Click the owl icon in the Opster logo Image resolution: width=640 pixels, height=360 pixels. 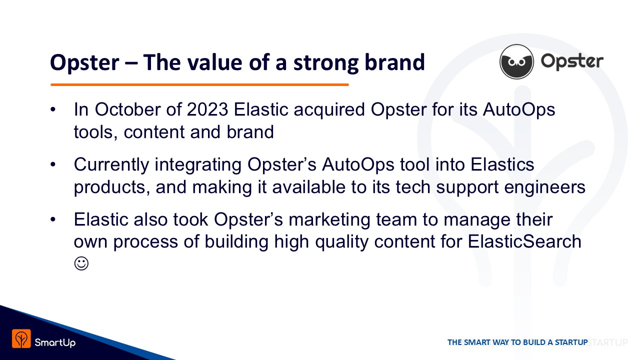pyautogui.click(x=516, y=61)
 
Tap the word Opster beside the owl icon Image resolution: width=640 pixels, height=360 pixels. pyautogui.click(x=572, y=61)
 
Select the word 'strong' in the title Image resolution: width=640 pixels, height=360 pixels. pyautogui.click(x=325, y=63)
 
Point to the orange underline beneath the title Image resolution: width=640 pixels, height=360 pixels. pyautogui.click(x=199, y=84)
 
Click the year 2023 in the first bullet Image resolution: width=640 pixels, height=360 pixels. pyautogui.click(x=207, y=109)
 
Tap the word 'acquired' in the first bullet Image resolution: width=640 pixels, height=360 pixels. pyautogui.click(x=329, y=110)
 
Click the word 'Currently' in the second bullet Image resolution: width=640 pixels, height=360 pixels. pyautogui.click(x=111, y=165)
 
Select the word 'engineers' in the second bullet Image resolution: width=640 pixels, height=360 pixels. pyautogui.click(x=544, y=187)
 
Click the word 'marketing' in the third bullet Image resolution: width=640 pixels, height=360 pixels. pyautogui.click(x=329, y=220)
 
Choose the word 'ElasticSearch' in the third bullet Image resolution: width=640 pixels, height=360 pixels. pyautogui.click(x=524, y=241)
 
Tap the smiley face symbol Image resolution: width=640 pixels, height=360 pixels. pyautogui.click(x=81, y=263)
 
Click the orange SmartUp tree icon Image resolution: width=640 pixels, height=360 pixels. pyautogui.click(x=21, y=338)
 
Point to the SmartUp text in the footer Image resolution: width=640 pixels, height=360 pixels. pyautogui.click(x=55, y=342)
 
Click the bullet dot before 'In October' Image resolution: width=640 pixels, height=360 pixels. pyautogui.click(x=53, y=109)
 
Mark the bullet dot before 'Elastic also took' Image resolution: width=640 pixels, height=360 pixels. pyautogui.click(x=53, y=219)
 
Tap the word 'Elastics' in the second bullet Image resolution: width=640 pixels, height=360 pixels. pyautogui.click(x=502, y=165)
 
